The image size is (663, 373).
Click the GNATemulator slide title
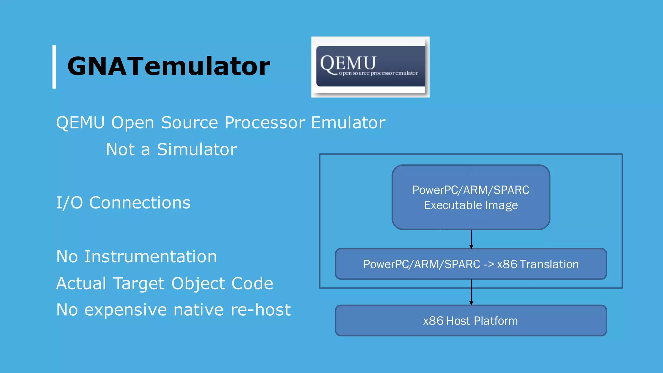pyautogui.click(x=168, y=66)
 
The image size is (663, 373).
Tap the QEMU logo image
pyautogui.click(x=370, y=67)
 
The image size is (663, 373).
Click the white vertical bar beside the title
pyautogui.click(x=54, y=67)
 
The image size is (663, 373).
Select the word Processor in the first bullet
pyautogui.click(x=264, y=123)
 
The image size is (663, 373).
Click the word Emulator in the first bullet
pyautogui.click(x=348, y=123)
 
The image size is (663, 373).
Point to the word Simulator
pyautogui.click(x=197, y=150)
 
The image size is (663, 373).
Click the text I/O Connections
pyautogui.click(x=123, y=203)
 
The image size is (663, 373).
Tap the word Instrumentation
pyautogui.click(x=151, y=256)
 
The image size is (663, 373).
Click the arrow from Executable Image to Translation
pyautogui.click(x=471, y=239)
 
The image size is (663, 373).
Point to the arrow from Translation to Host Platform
pyautogui.click(x=471, y=292)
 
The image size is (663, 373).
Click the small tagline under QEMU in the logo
pyautogui.click(x=378, y=73)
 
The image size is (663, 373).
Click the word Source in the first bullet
pyautogui.click(x=189, y=123)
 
